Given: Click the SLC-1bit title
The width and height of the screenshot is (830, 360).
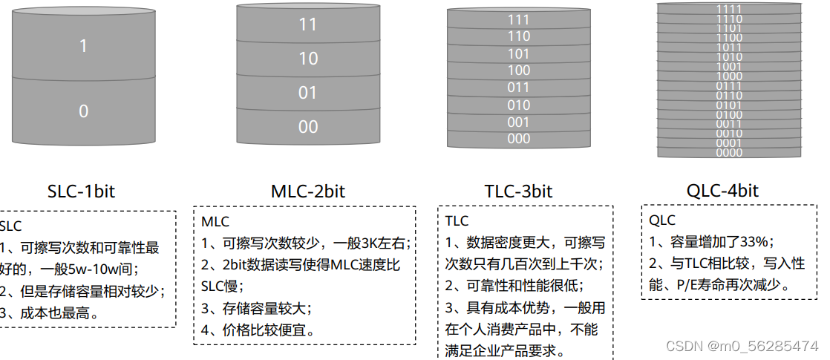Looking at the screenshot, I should point(81,191).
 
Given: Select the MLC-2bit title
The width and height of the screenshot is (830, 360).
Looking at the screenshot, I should point(307,191).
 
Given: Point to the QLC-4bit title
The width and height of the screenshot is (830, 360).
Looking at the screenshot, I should point(722,191).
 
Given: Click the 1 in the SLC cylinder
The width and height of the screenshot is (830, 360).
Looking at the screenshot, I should point(83,46).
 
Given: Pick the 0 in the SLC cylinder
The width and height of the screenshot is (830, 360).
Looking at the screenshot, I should point(83,111).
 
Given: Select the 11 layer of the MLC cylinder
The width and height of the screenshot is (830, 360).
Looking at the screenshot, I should point(308,24).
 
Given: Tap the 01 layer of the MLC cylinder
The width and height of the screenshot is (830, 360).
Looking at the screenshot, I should point(307,93).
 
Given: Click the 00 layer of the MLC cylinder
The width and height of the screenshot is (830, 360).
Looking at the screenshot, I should point(308,127).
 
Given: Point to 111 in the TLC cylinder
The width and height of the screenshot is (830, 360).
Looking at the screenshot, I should point(519,20).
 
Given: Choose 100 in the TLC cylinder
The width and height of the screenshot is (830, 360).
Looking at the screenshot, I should point(519,71).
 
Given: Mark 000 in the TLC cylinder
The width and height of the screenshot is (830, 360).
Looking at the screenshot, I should point(519,139).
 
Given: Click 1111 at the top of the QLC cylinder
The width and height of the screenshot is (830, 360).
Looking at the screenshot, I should point(729,9).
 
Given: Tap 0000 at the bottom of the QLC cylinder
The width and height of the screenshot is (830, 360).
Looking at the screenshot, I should point(729,153).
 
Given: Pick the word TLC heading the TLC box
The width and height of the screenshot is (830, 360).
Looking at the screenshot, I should point(457,221).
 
